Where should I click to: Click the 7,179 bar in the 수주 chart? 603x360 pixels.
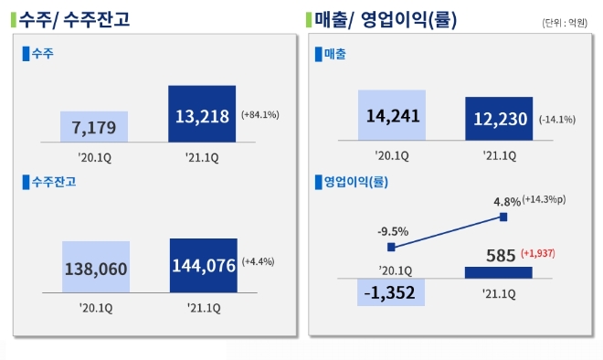point(95,126)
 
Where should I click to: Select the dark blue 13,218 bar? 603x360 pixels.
point(202,114)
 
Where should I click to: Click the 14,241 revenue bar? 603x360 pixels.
point(392,115)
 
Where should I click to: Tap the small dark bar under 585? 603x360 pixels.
point(498,272)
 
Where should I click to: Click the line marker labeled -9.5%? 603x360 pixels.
point(391,247)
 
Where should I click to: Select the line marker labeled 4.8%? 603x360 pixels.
point(503,217)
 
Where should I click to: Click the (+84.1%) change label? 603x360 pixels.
point(260,115)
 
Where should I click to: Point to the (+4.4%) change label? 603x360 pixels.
point(259,261)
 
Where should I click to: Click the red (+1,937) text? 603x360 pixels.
point(540,253)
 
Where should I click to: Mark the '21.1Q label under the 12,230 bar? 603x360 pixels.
point(498,155)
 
